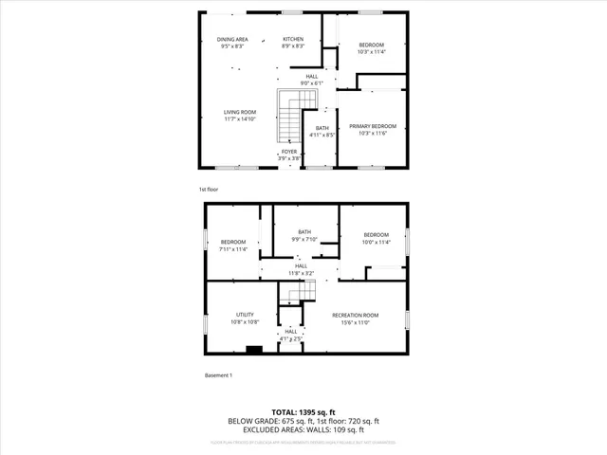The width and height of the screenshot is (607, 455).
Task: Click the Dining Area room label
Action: [232, 43]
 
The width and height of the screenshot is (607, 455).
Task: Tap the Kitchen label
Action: [294, 43]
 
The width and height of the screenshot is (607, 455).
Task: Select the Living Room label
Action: [240, 116]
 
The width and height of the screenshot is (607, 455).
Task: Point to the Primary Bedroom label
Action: [372, 130]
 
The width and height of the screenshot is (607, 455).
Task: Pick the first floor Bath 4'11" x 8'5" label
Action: [322, 132]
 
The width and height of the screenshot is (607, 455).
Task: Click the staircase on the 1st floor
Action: [289, 118]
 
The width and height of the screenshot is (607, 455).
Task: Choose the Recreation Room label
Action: [356, 318]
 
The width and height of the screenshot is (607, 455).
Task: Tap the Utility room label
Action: [245, 318]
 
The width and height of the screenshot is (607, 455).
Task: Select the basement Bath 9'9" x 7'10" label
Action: [304, 236]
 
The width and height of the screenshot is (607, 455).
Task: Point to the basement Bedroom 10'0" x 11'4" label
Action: [377, 238]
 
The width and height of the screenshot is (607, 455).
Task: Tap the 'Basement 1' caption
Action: [218, 375]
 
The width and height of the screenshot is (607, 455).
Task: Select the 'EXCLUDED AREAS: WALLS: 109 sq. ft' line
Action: [303, 429]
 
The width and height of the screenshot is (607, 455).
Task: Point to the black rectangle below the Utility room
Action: [253, 350]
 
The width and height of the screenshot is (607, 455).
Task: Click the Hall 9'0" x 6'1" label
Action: [311, 80]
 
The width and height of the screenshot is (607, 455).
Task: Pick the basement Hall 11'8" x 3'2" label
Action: [301, 269]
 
